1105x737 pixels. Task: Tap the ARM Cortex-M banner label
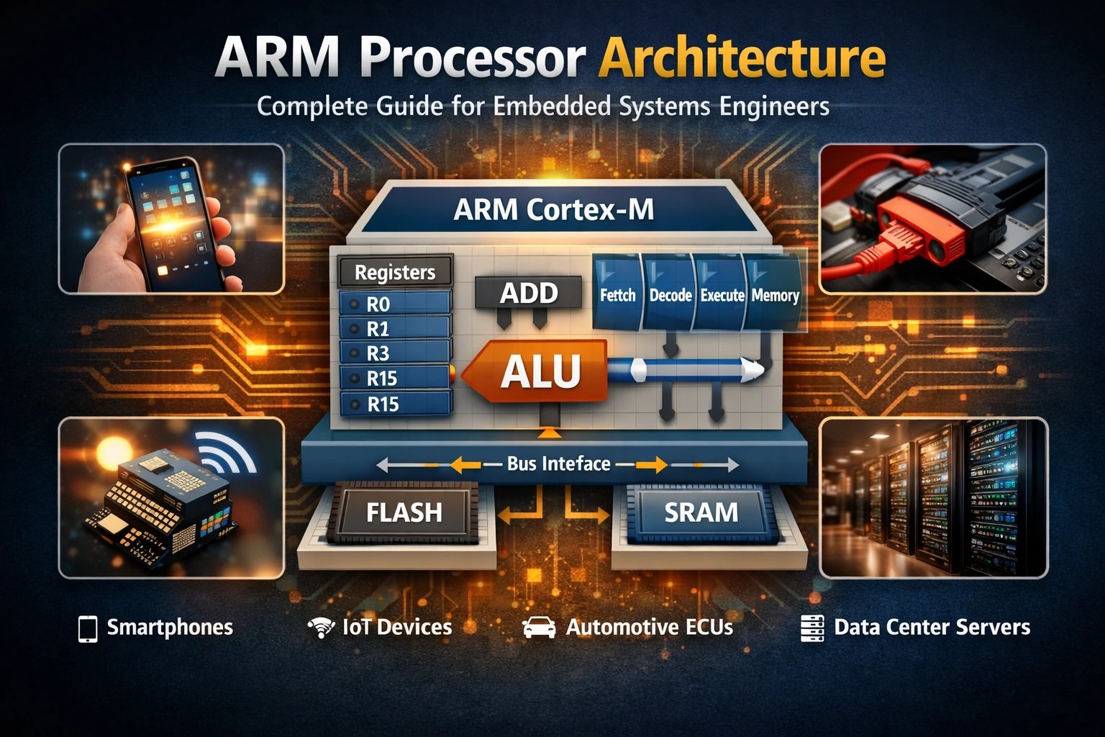(x=554, y=209)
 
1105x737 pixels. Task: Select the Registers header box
(x=395, y=272)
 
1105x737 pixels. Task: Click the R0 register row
(x=395, y=304)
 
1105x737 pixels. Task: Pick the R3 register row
(x=395, y=353)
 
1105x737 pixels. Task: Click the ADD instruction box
(x=529, y=293)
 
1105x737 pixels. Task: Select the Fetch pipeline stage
(x=617, y=294)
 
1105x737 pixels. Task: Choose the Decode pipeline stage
(x=670, y=294)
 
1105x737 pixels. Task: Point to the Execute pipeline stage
(x=722, y=294)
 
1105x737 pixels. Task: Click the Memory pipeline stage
(x=775, y=294)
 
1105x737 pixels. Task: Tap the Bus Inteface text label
(x=558, y=464)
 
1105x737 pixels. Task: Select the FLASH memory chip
(x=404, y=512)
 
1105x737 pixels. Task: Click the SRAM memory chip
(x=701, y=512)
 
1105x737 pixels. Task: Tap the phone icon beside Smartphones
(x=88, y=628)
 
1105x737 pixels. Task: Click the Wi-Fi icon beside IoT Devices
(x=321, y=628)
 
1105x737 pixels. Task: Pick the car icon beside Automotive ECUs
(x=539, y=628)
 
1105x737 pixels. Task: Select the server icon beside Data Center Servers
(x=812, y=628)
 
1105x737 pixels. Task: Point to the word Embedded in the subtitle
(x=552, y=107)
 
